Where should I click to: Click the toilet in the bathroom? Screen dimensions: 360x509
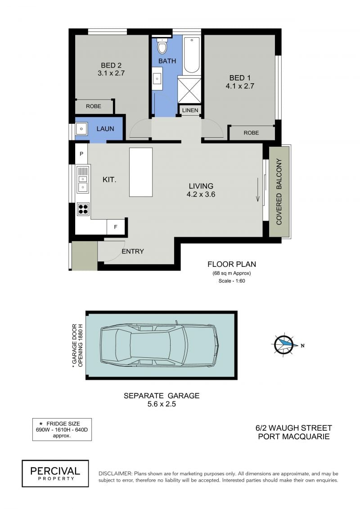point(162,46)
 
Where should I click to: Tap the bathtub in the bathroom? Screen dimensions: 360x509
point(192,55)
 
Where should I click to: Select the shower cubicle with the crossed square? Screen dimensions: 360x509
point(189,90)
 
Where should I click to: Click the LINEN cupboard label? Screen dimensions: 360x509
point(190,110)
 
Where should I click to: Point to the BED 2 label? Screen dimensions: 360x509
point(111,65)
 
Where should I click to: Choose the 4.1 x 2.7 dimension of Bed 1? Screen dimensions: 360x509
point(240,86)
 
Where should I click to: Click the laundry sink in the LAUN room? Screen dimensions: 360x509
point(81,129)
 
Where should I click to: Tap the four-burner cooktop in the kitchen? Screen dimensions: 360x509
point(83,209)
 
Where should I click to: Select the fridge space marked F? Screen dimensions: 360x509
point(116,227)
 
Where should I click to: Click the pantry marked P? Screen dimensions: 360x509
point(81,153)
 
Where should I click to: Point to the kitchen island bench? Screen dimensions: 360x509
point(141,172)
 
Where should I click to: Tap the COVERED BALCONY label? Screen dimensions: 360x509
point(279,192)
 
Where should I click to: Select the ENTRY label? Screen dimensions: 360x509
point(133,251)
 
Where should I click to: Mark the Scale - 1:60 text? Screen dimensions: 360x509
point(232,281)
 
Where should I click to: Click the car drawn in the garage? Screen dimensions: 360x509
point(159,345)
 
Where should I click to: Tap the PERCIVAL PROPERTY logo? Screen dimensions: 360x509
point(55,473)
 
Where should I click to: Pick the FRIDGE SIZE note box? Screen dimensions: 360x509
point(62,429)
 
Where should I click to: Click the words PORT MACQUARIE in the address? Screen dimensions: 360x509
point(294,437)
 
